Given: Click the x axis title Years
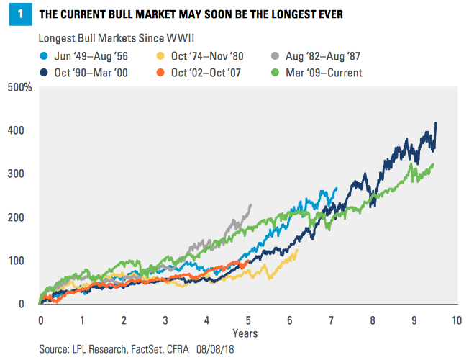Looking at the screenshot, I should pos(245,333).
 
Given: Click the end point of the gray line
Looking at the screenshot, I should pos(251,204).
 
